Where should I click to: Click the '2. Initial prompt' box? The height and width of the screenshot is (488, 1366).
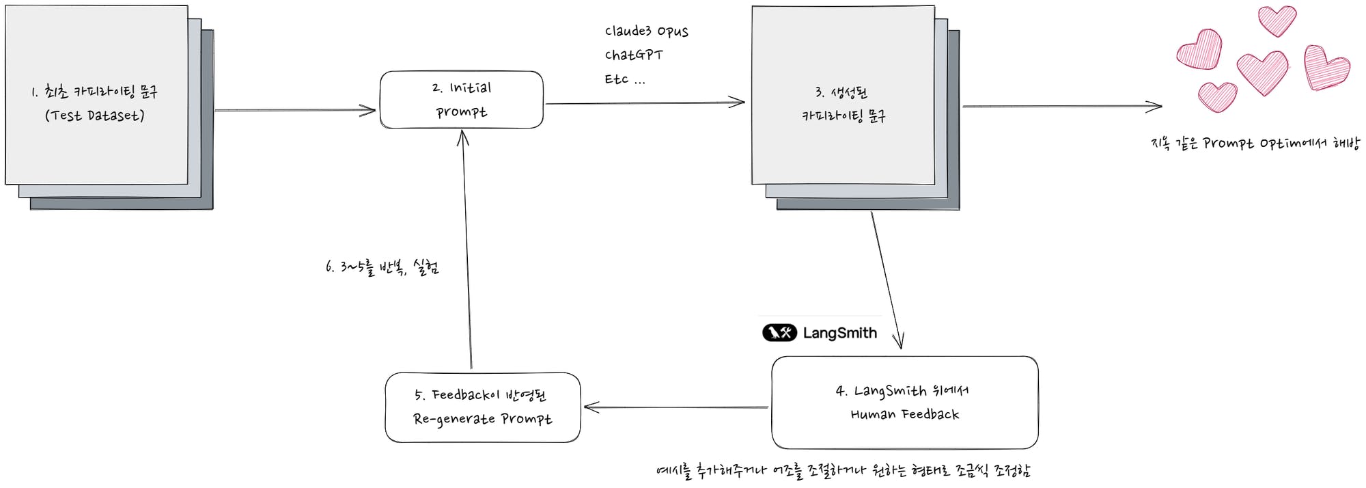click(x=461, y=100)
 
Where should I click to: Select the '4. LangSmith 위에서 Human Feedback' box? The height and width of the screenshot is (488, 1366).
click(x=904, y=403)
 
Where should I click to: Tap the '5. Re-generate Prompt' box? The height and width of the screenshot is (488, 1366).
click(x=482, y=407)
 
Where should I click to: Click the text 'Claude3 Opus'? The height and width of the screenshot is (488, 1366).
click(x=646, y=31)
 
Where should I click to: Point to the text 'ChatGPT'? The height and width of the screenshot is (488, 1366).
click(x=633, y=55)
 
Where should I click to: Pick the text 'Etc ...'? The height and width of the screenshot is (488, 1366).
click(x=624, y=80)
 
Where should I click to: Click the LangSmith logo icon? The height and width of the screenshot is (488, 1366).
click(x=779, y=333)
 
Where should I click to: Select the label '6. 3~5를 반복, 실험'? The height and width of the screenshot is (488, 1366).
click(x=382, y=267)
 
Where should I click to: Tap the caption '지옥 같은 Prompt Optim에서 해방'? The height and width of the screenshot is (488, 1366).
click(x=1255, y=144)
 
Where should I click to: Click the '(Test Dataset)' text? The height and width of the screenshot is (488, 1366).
click(x=95, y=116)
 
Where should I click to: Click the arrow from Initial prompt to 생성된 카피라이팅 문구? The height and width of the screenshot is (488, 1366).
click(x=645, y=103)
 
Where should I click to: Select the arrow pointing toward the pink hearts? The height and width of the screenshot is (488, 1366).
click(x=1062, y=107)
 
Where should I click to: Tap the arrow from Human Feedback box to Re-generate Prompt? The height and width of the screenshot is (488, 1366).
click(x=676, y=407)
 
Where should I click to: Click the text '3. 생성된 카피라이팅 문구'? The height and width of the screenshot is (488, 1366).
click(x=844, y=104)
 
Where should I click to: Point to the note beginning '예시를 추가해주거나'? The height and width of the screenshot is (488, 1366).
click(x=843, y=471)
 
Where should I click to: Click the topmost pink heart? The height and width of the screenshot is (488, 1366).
click(x=1277, y=20)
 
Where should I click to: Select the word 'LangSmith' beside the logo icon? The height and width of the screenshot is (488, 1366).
click(x=839, y=333)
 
